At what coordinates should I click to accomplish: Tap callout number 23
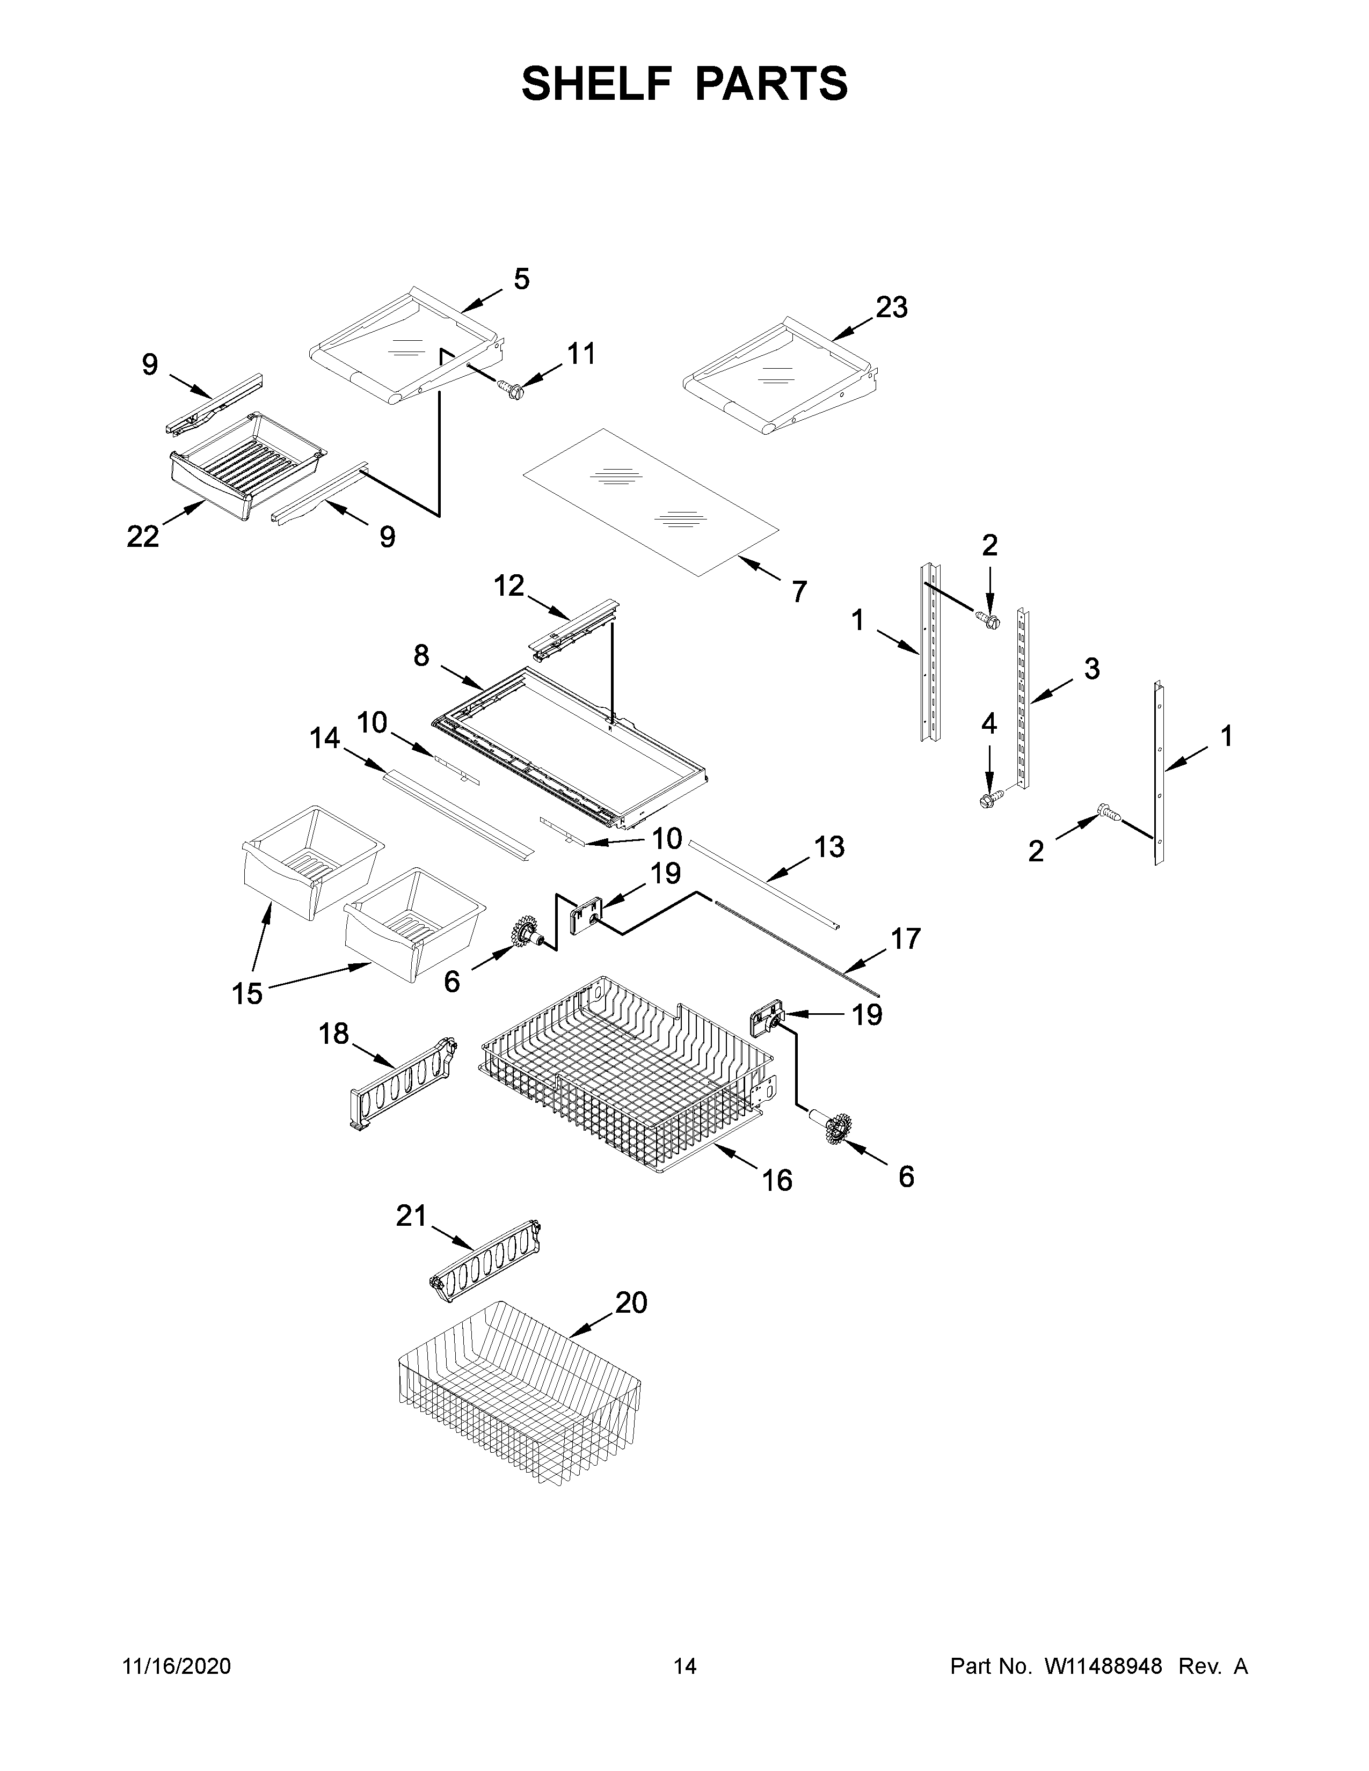point(891,308)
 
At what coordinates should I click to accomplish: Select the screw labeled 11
point(511,390)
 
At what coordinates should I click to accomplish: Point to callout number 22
point(143,536)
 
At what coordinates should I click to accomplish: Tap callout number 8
point(421,655)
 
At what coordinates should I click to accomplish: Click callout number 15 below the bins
point(247,993)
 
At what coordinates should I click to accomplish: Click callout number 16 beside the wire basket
point(777,1181)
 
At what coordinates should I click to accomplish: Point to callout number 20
point(631,1303)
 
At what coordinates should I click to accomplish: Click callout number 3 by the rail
point(1091,669)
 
